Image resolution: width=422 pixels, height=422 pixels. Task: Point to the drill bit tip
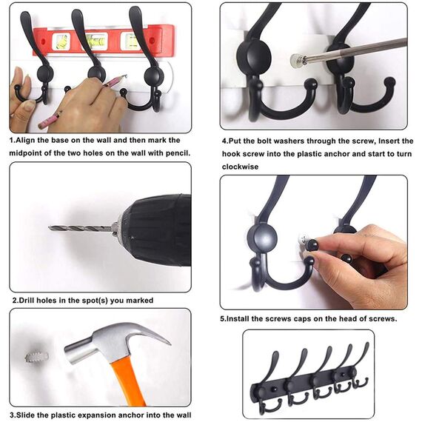[x=50, y=228]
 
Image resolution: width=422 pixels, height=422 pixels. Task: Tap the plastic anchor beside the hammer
[x=37, y=357]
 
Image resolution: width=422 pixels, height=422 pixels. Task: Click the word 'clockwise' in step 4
[x=240, y=167]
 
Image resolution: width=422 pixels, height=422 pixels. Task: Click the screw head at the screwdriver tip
[x=296, y=59]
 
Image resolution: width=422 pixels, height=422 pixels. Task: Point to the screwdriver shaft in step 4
[x=355, y=50]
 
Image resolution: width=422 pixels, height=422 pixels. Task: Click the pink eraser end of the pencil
[x=42, y=124]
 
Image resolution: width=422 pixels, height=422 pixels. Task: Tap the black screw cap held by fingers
[x=312, y=245]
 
